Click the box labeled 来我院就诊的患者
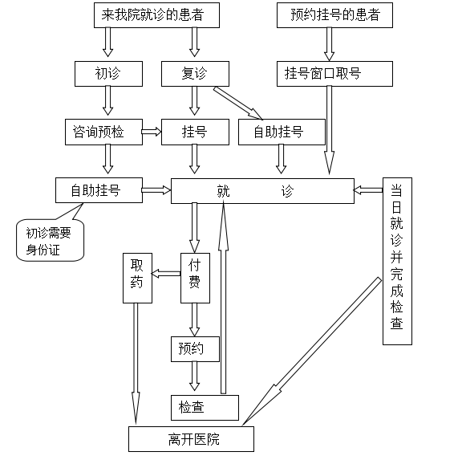tap(156, 15)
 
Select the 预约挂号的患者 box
tap(334, 15)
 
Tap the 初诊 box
tap(108, 74)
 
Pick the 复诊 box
tap(195, 74)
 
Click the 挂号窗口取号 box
tap(334, 74)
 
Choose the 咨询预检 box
tap(103, 132)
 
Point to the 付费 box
tap(195, 278)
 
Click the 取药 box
tap(137, 278)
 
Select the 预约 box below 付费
tap(195, 349)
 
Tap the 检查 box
tap(205, 408)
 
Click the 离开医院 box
tap(191, 439)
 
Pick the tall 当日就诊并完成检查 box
tap(397, 261)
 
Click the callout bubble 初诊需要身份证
tap(50, 240)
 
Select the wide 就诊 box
tap(262, 191)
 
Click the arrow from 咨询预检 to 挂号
tap(152, 132)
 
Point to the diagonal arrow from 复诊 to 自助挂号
tap(238, 104)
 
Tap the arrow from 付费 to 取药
tap(166, 274)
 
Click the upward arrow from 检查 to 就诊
tap(223, 298)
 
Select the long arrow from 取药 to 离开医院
tap(136, 363)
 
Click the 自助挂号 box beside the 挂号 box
tap(282, 132)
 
